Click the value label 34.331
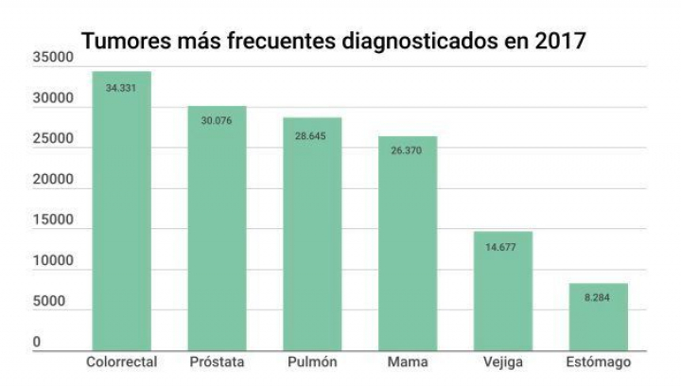tap(121, 87)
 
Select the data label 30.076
tap(217, 121)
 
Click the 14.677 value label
tap(503, 247)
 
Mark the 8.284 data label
tap(599, 298)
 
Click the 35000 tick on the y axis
tap(53, 59)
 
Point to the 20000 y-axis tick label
tap(53, 181)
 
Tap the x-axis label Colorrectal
tap(121, 362)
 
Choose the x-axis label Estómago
tap(599, 362)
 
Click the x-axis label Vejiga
tap(503, 362)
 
